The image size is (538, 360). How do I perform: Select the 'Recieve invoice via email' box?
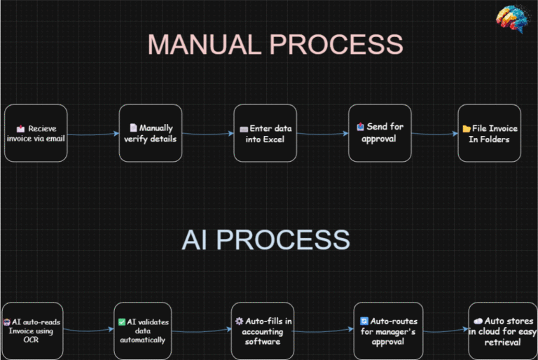[36, 133]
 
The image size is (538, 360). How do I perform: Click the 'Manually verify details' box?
[150, 133]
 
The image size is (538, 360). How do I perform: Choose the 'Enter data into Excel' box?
[265, 133]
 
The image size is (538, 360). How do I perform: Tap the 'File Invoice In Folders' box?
[489, 133]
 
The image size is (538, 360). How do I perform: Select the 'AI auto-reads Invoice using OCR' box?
[32, 330]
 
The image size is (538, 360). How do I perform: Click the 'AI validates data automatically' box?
[143, 330]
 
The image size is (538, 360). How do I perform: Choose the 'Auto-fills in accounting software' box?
[262, 330]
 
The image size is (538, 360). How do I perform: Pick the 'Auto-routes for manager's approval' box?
[387, 330]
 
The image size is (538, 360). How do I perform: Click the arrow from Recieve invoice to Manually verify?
[93, 133]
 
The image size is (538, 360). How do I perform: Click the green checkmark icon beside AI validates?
[121, 322]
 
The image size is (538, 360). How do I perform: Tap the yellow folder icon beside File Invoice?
[467, 129]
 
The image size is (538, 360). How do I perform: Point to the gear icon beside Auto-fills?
[239, 321]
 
